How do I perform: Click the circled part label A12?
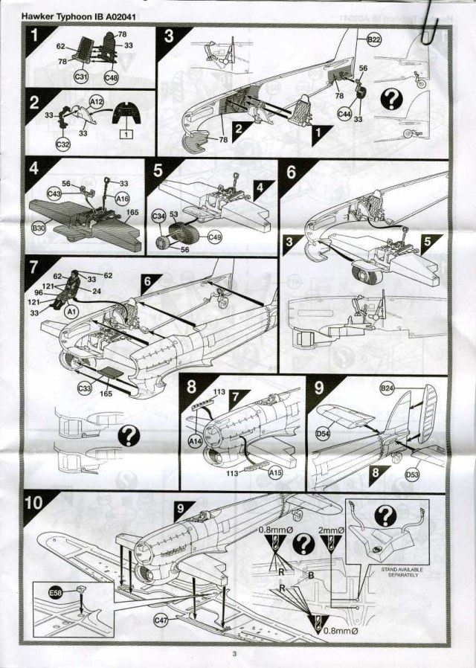[96, 99]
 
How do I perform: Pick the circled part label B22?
[373, 39]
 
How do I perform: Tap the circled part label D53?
[412, 473]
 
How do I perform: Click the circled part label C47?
[161, 620]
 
